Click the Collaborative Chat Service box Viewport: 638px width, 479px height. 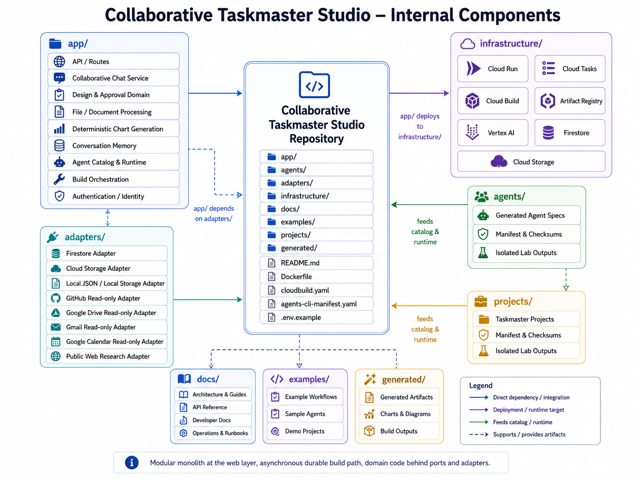click(x=113, y=78)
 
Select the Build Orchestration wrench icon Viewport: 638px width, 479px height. click(x=59, y=179)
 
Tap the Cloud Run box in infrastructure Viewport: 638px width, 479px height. click(x=493, y=69)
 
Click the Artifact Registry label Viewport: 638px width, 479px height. click(x=581, y=101)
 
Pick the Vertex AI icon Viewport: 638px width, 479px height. click(x=472, y=132)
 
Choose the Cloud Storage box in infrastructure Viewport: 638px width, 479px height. click(x=531, y=162)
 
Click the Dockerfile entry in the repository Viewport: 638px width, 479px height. click(x=316, y=277)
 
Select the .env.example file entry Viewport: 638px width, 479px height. click(x=316, y=317)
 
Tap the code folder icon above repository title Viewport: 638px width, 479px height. click(x=314, y=85)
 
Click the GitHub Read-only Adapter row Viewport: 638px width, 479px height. click(x=107, y=298)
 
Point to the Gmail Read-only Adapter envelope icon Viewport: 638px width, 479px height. click(x=56, y=327)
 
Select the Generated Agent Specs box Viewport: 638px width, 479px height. click(x=527, y=215)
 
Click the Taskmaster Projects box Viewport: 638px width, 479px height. click(x=527, y=319)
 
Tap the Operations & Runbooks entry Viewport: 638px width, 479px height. click(x=213, y=433)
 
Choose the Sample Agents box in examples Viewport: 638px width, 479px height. click(x=305, y=414)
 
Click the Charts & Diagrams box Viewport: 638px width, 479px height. click(x=399, y=414)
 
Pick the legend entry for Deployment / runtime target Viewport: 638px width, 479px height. click(x=516, y=410)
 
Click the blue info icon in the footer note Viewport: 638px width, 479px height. click(x=132, y=463)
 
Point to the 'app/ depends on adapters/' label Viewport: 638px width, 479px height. click(x=214, y=213)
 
